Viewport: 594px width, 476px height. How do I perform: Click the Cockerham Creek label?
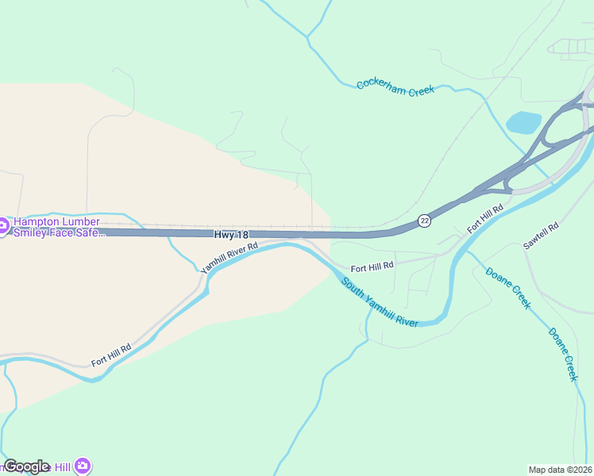(x=395, y=87)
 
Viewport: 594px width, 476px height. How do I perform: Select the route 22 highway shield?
(x=425, y=221)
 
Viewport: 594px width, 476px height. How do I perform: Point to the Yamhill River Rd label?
(x=229, y=259)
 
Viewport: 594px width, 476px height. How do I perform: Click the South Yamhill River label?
(x=380, y=303)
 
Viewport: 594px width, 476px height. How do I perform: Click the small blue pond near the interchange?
(x=523, y=122)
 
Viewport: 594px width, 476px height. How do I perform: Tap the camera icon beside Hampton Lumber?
(x=3, y=227)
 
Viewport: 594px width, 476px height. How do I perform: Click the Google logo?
(x=26, y=466)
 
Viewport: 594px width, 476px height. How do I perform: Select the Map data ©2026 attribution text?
(x=561, y=470)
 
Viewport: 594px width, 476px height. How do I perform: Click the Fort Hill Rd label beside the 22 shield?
(x=485, y=218)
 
